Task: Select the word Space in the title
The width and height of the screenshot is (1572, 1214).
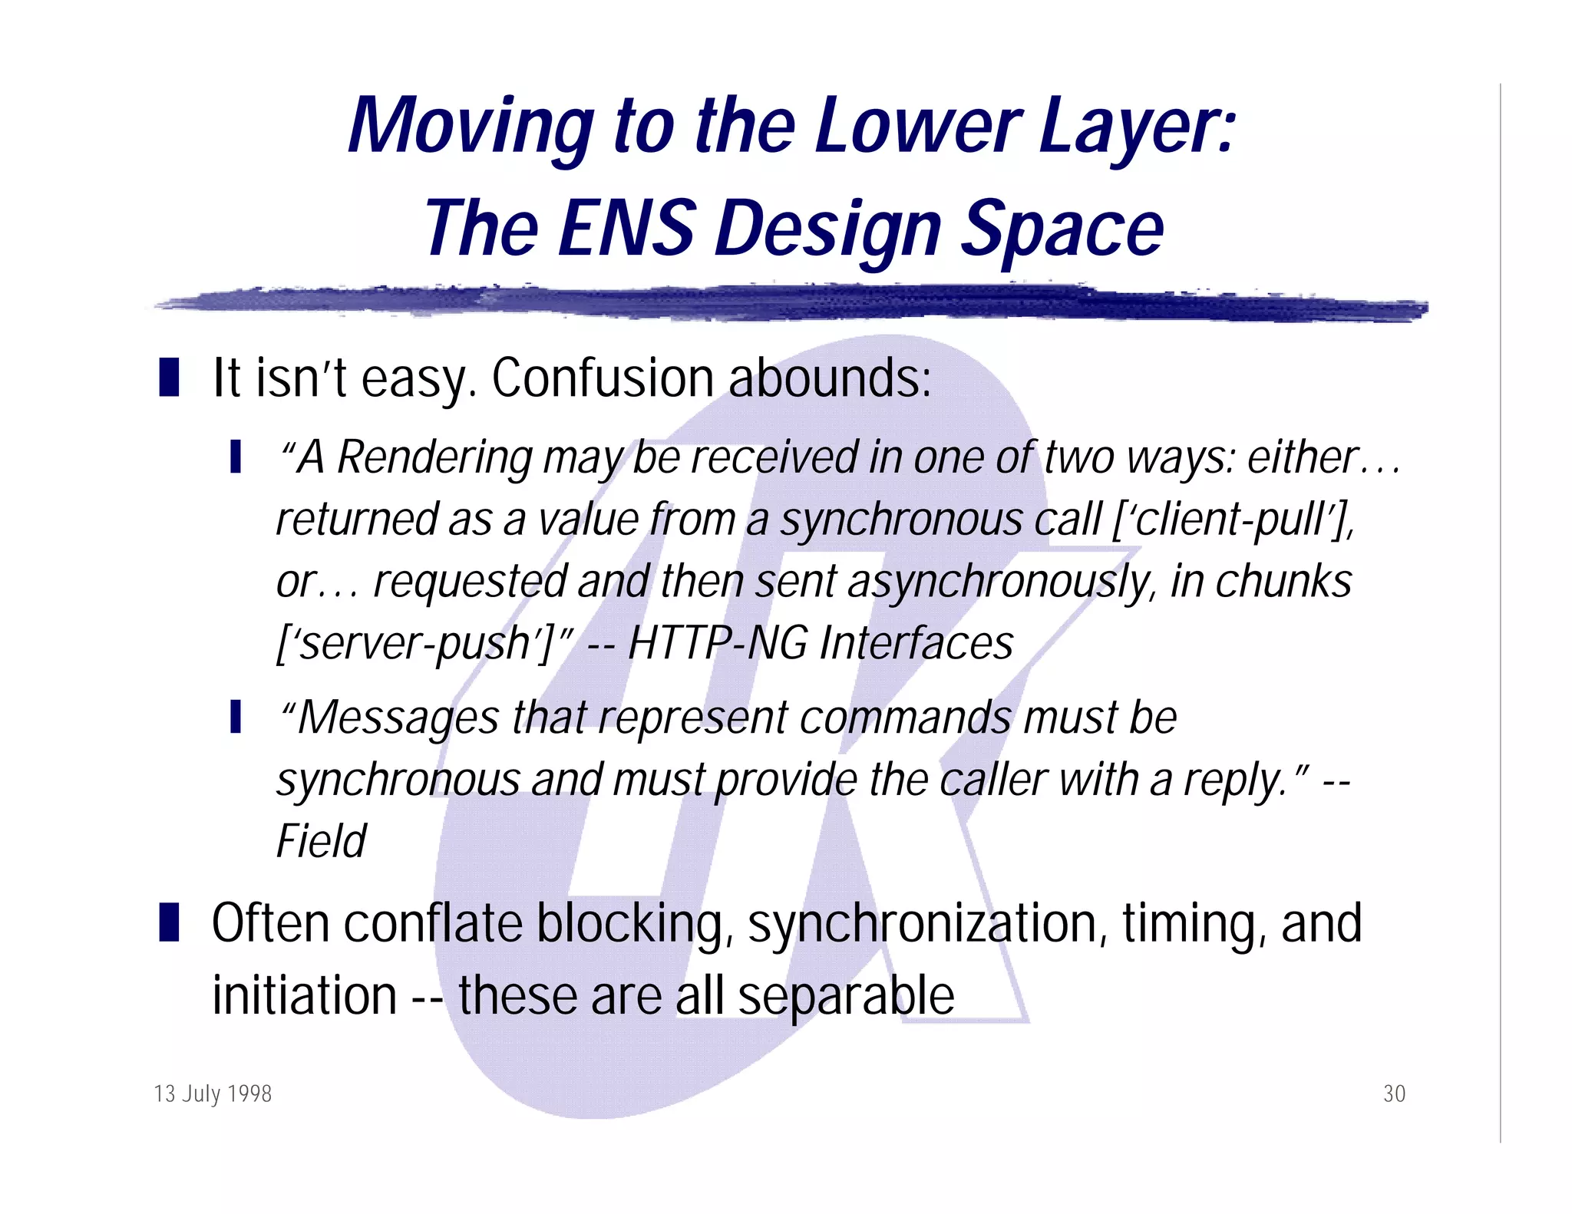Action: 1062,228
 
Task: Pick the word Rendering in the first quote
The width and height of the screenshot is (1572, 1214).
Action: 434,458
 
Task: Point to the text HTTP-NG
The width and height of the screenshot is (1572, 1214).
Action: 717,643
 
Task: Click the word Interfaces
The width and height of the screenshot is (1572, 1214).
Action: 916,643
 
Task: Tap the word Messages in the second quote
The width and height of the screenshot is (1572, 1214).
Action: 398,718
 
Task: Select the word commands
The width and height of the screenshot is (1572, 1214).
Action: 905,718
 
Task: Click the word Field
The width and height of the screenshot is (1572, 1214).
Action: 322,841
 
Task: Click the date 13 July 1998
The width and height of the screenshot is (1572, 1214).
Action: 213,1094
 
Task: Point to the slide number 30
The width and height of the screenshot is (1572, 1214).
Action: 1394,1094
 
